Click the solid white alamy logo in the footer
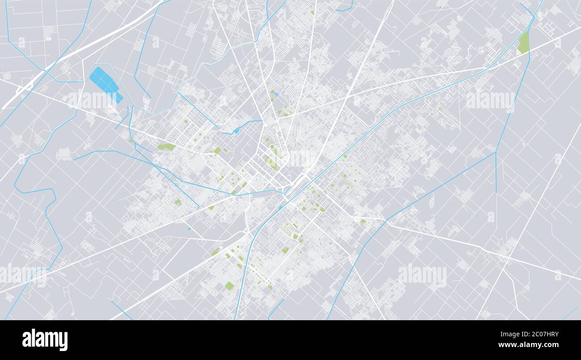tap(45, 340)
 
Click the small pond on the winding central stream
tap(236, 130)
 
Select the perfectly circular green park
tap(272, 147)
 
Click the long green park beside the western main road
tap(166, 147)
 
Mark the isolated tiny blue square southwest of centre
tap(189, 229)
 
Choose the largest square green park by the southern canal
tap(229, 286)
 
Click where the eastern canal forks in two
tap(495, 152)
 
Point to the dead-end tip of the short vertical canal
tap(496, 192)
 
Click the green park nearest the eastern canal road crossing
tap(362, 221)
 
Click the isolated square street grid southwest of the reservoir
tap(64, 154)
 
